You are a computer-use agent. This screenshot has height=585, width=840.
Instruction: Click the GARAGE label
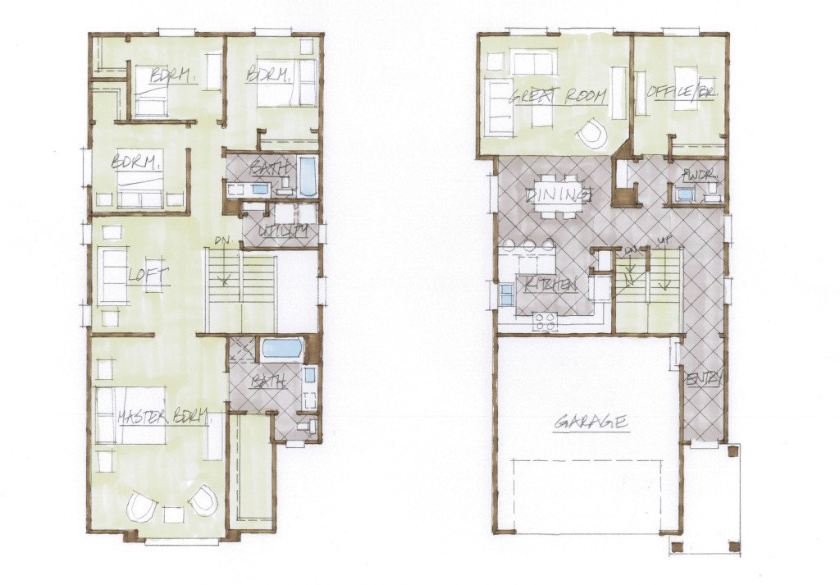click(591, 423)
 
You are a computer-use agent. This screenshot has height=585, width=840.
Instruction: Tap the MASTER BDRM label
click(162, 416)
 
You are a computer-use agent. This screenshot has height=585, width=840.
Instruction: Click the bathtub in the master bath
click(282, 349)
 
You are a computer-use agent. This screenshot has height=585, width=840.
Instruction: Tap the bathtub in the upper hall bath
click(307, 176)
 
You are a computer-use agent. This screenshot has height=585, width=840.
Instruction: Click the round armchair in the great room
click(591, 132)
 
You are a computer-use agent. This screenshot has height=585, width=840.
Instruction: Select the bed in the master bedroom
click(131, 415)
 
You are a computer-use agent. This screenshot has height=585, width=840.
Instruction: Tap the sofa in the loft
click(112, 276)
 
